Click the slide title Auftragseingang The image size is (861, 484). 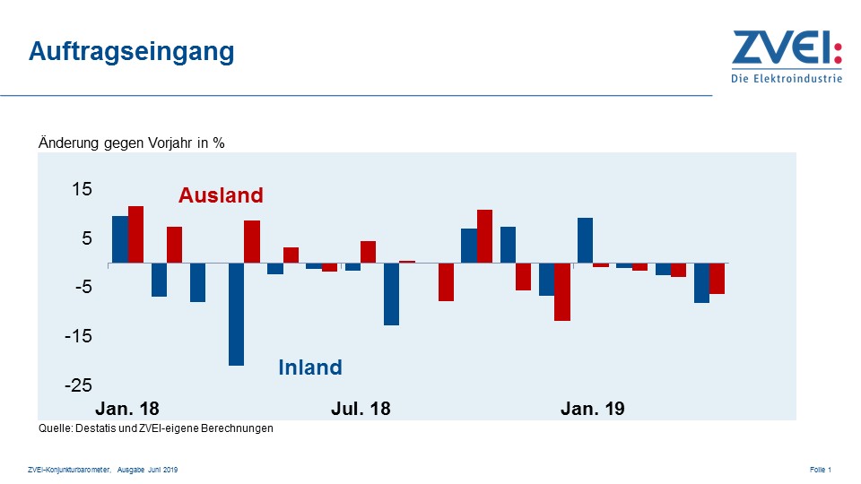coord(131,51)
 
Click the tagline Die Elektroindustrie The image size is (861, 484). coord(787,79)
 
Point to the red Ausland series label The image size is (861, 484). coord(221,195)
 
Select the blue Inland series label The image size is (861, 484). coord(310,367)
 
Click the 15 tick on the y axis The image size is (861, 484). coord(83,190)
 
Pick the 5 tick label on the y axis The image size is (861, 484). coord(88,238)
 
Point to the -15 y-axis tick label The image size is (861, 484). coord(79,336)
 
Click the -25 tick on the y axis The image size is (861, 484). coord(79,385)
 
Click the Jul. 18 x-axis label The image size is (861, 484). coord(361,409)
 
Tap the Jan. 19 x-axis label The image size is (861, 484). coord(592,409)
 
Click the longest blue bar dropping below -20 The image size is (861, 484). coord(237,314)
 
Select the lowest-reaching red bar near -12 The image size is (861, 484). coord(562,291)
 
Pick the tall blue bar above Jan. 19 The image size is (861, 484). coord(585,240)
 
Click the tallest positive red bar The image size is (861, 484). coord(136,234)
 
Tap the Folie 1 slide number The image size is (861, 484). coord(821,470)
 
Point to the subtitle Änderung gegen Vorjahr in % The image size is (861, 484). coord(131,143)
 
